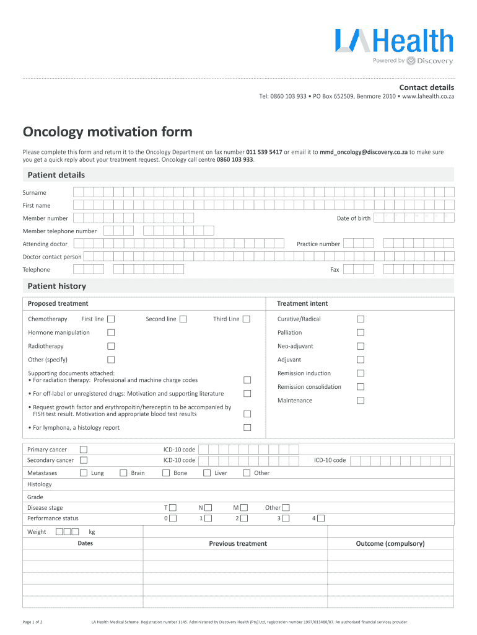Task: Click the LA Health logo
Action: pyautogui.click(x=394, y=46)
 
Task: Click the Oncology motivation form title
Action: pyautogui.click(x=108, y=132)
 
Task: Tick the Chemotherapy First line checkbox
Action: pyautogui.click(x=111, y=319)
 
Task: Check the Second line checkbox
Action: pyautogui.click(x=183, y=319)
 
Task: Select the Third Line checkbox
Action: pyautogui.click(x=247, y=319)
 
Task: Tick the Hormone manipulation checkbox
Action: pyautogui.click(x=111, y=333)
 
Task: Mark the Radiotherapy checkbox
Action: pyautogui.click(x=111, y=347)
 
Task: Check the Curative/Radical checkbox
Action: pyautogui.click(x=361, y=319)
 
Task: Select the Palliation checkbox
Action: pyautogui.click(x=361, y=333)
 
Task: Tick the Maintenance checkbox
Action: pyautogui.click(x=361, y=401)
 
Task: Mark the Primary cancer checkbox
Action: pyautogui.click(x=84, y=450)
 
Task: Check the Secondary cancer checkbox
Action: pyautogui.click(x=84, y=461)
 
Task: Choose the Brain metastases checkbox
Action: pyautogui.click(x=123, y=473)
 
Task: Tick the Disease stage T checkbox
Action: pyautogui.click(x=173, y=508)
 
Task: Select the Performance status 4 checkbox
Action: pyautogui.click(x=321, y=518)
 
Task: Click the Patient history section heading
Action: pyautogui.click(x=57, y=286)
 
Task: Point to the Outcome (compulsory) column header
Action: pyautogui.click(x=390, y=544)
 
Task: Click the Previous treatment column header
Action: pyautogui.click(x=238, y=544)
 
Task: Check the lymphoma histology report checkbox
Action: pyautogui.click(x=247, y=428)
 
